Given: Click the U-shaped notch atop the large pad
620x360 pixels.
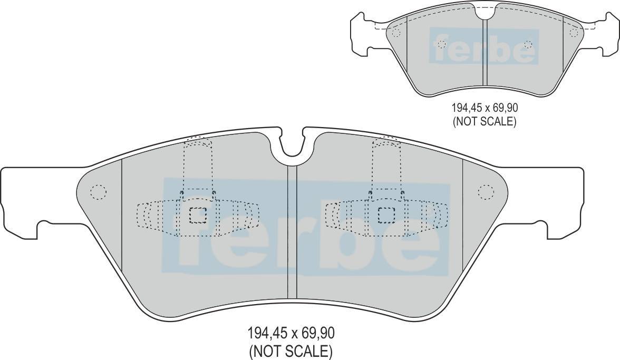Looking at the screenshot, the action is [293, 147].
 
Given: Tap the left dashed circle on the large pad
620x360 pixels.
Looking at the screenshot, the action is [98, 192].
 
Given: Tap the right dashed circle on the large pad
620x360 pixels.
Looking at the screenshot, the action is [486, 192].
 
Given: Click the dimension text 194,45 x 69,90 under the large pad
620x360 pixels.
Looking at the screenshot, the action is [291, 333].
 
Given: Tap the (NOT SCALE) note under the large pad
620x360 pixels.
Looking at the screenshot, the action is [291, 351].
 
